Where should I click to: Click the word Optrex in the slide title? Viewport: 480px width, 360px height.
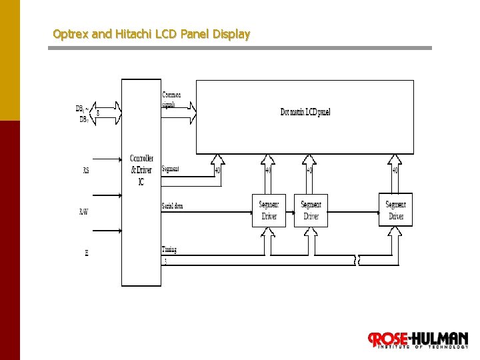(x=70, y=33)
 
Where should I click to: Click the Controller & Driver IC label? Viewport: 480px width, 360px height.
(x=141, y=170)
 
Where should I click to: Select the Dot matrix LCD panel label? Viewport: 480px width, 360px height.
(x=305, y=112)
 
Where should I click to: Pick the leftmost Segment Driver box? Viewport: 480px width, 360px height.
(x=269, y=211)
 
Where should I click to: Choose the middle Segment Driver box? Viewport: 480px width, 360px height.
(x=311, y=211)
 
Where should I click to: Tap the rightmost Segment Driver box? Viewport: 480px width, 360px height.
(x=395, y=211)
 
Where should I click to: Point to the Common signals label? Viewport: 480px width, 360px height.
(x=171, y=99)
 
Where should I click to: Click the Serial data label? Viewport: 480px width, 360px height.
(x=172, y=206)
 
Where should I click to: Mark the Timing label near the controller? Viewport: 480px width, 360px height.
(x=169, y=250)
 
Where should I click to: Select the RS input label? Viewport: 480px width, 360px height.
(x=86, y=171)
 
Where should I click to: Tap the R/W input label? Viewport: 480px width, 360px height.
(x=84, y=212)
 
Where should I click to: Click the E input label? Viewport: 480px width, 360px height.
(x=87, y=253)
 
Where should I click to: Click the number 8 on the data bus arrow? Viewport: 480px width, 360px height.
(x=99, y=113)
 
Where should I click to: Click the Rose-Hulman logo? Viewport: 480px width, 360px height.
(x=418, y=340)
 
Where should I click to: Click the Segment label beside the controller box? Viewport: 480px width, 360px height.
(x=170, y=169)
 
